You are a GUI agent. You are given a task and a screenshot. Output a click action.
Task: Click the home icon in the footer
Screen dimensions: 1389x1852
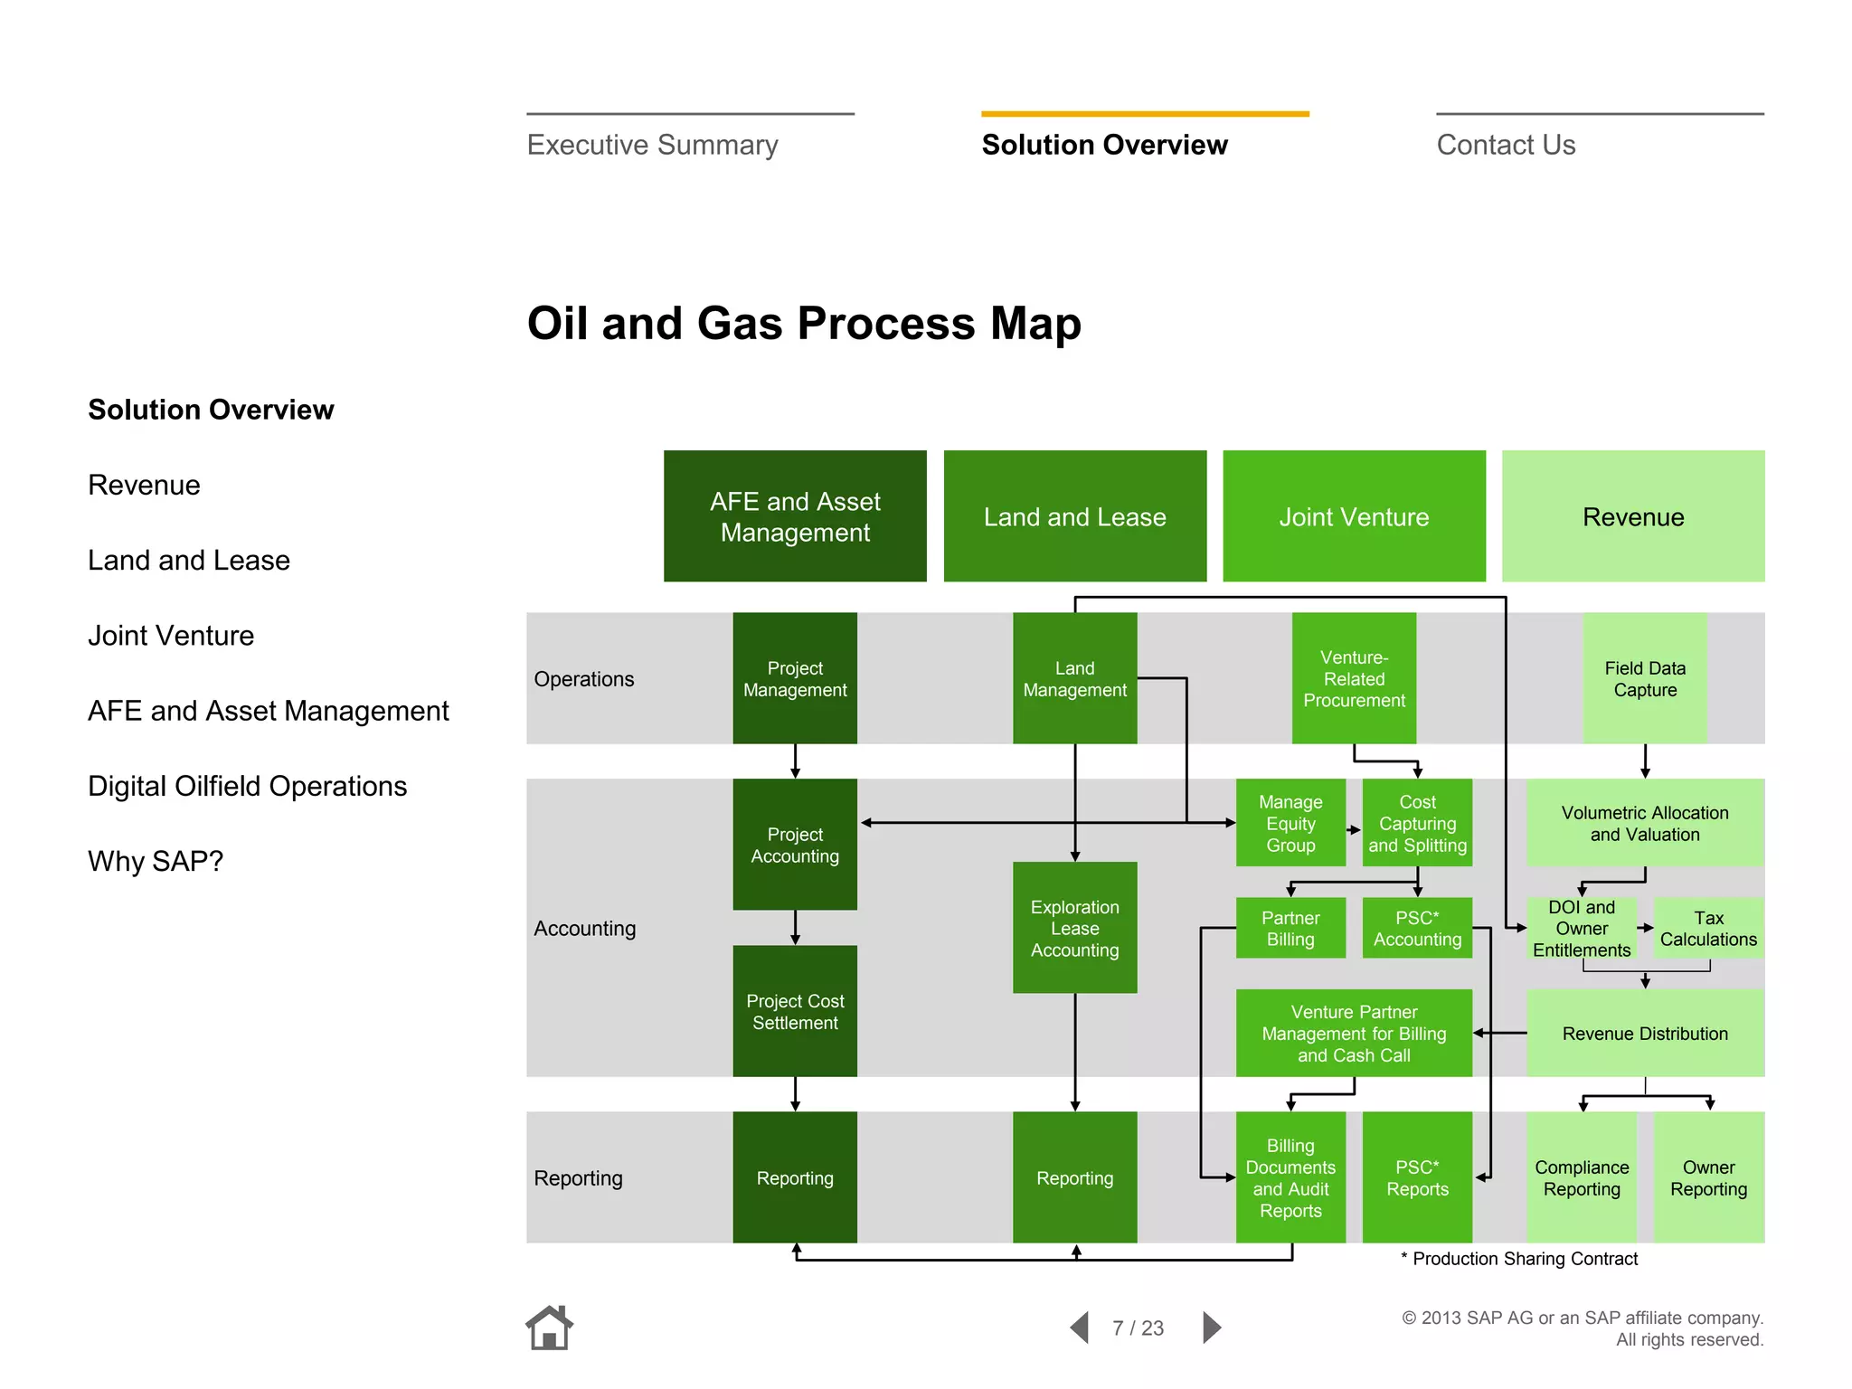click(549, 1328)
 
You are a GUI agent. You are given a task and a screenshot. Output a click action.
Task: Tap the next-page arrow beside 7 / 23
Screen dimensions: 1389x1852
click(1212, 1328)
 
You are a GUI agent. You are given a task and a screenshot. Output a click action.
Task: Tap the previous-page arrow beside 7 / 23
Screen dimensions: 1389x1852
click(1080, 1328)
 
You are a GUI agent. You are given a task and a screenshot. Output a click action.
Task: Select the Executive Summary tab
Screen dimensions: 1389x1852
click(652, 145)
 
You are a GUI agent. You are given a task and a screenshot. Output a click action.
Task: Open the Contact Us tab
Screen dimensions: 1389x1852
click(1506, 145)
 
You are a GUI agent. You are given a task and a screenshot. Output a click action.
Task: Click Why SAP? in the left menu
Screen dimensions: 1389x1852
click(156, 861)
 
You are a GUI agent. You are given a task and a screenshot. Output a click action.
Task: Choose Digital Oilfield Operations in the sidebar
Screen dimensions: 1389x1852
click(247, 786)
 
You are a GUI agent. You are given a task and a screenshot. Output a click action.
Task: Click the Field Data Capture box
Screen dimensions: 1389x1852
click(1645, 678)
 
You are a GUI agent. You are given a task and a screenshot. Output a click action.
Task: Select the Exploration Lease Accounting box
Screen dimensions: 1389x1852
click(1074, 928)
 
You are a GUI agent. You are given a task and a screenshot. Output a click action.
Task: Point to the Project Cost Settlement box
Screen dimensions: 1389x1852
click(795, 1011)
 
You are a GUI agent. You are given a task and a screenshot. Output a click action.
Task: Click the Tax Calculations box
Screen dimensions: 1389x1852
click(1708, 928)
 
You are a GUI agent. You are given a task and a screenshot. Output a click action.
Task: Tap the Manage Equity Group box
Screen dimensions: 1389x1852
click(1290, 823)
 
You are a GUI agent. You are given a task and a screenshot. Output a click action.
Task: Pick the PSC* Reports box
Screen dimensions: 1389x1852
click(1417, 1177)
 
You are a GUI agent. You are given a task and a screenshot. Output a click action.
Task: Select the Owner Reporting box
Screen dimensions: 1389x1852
click(1708, 1177)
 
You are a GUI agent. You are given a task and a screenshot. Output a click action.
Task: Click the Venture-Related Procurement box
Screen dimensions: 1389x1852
click(1354, 678)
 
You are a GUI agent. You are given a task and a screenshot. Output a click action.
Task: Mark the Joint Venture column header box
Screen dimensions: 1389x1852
click(1354, 516)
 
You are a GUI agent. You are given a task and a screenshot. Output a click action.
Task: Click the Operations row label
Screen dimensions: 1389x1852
click(584, 679)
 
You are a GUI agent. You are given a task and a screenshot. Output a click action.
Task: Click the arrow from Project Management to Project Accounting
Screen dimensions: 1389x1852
click(795, 761)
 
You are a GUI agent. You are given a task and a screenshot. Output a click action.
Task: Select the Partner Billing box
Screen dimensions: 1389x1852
click(1290, 928)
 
